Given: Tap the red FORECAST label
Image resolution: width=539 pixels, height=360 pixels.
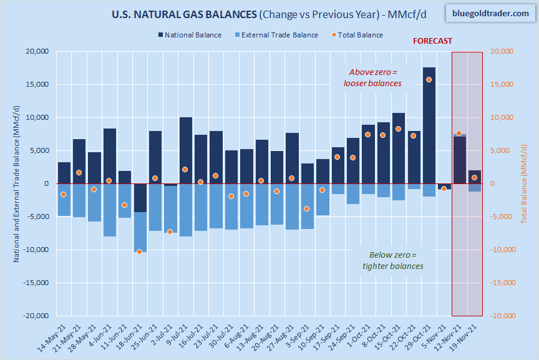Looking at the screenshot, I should coord(432,41).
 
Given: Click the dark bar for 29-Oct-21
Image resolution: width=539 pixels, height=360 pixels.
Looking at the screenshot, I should coord(429,125).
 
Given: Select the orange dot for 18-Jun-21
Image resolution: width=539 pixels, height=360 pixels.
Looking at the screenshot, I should coord(140,251).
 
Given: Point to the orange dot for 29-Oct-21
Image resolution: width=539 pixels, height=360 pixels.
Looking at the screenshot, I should coord(429,79).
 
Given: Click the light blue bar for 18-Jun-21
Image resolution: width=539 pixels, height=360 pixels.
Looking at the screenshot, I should coord(140,231).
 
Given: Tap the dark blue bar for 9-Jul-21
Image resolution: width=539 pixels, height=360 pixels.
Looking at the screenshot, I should coord(186,150).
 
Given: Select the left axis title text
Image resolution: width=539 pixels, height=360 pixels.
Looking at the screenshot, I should coord(17,183).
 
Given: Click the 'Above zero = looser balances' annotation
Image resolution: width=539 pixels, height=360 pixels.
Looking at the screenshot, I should coord(372,77).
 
